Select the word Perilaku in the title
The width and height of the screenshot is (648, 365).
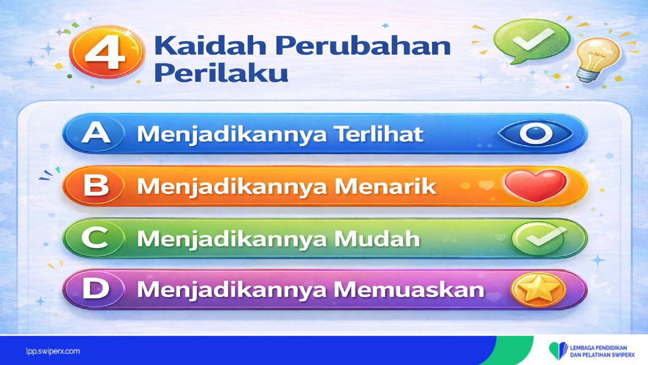[221, 72]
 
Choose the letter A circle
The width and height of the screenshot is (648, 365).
[95, 133]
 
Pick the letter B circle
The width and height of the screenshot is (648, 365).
[95, 186]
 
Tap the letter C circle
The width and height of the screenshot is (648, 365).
[95, 238]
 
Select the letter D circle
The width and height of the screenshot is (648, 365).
[95, 289]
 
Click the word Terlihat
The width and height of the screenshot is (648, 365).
[379, 134]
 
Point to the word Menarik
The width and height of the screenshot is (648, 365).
[385, 186]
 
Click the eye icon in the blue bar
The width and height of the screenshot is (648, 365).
[535, 134]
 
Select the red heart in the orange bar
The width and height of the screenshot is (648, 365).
[536, 186]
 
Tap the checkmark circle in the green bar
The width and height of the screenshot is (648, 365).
[539, 238]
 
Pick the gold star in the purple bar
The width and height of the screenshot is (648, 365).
[538, 289]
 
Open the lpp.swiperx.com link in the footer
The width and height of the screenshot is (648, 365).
[53, 352]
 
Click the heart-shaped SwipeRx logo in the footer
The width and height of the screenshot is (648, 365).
[559, 351]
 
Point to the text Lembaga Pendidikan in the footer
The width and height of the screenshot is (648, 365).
[598, 348]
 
